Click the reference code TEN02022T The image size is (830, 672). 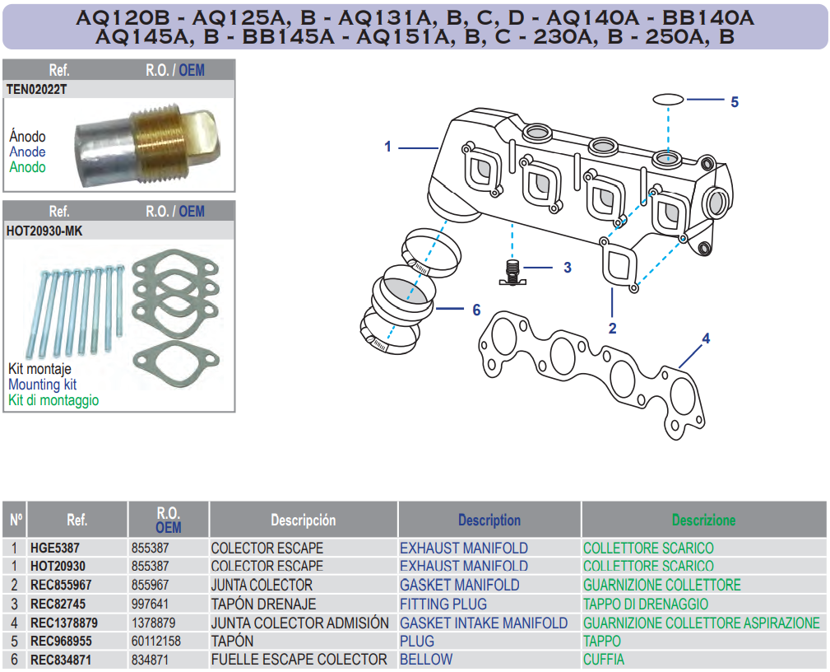click(x=36, y=89)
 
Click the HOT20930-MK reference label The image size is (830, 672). click(x=44, y=231)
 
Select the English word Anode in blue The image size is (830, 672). click(x=27, y=152)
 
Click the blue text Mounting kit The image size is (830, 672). click(x=42, y=384)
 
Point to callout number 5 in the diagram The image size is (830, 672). click(x=735, y=102)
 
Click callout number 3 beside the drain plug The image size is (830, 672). click(x=567, y=268)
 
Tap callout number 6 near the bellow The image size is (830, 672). click(x=476, y=310)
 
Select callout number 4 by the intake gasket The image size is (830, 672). click(x=705, y=338)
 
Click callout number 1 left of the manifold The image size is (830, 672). click(x=387, y=147)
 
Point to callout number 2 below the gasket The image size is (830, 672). click(x=612, y=328)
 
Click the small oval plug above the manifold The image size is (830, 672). click(x=669, y=99)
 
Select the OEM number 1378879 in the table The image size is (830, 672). click(x=155, y=623)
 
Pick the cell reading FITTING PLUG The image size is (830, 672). click(x=443, y=604)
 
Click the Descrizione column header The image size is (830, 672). click(x=703, y=520)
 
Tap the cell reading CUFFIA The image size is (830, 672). click(x=603, y=660)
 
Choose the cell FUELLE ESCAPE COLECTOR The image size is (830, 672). click(x=299, y=660)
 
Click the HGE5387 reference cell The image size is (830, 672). click(x=55, y=548)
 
